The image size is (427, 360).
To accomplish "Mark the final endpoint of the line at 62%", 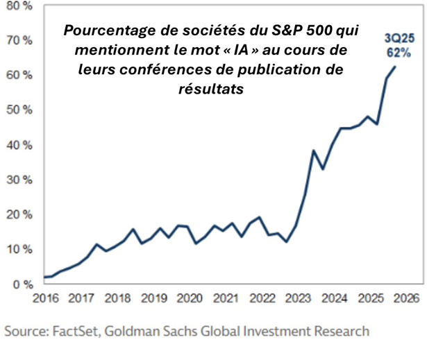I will pos(396,67).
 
